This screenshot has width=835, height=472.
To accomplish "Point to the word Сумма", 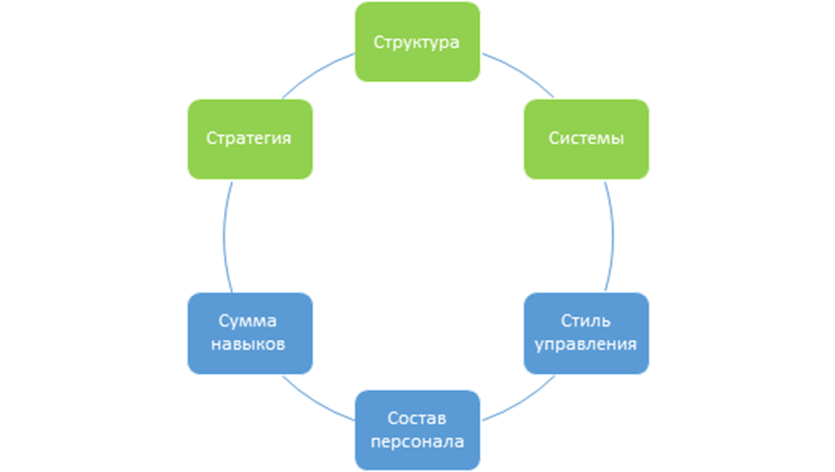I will (249, 321).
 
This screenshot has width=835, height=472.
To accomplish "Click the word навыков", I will (249, 344).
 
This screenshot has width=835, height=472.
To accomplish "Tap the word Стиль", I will (586, 321).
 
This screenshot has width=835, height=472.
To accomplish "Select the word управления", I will (586, 344).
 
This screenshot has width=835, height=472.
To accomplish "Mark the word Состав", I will (417, 419).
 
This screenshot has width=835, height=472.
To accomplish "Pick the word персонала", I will (417, 442).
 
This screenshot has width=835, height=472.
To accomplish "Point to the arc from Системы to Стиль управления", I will (611, 236).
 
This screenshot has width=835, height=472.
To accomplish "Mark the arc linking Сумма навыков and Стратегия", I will (224, 236).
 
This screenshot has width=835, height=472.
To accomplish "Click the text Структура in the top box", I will (417, 42).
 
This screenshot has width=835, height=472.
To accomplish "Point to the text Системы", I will (586, 139).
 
